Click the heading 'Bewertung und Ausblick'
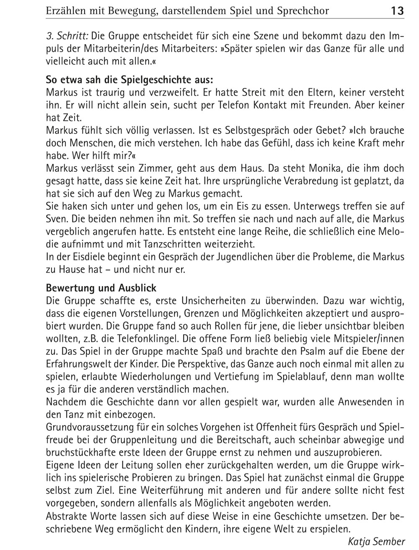pos(101,288)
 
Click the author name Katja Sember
pos(377,542)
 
